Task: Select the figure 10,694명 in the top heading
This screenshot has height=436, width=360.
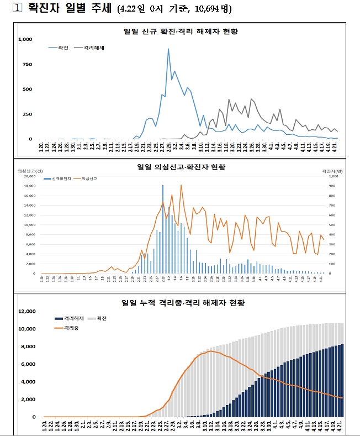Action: (x=213, y=9)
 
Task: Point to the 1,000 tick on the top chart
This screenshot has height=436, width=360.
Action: (x=25, y=39)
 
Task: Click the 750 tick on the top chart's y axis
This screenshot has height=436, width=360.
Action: (x=28, y=64)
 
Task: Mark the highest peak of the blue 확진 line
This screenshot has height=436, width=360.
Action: (x=168, y=49)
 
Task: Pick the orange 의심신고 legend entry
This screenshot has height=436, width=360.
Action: (x=85, y=179)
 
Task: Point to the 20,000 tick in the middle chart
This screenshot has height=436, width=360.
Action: (x=29, y=177)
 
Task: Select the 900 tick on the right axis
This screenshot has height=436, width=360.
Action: (x=333, y=186)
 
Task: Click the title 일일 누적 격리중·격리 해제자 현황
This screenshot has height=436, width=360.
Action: (x=183, y=303)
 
